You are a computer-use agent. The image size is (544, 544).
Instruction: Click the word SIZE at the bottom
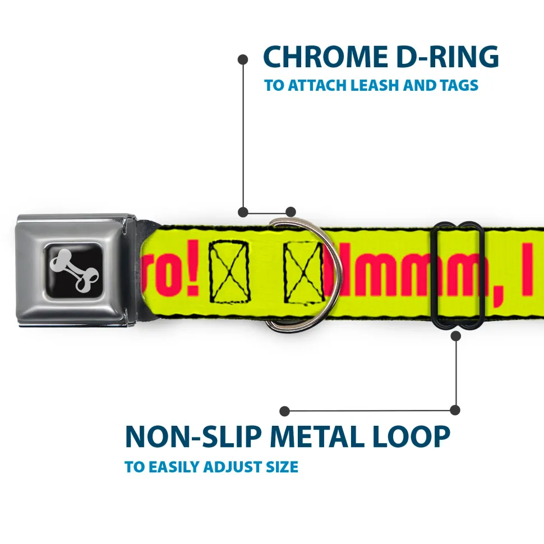click(x=282, y=467)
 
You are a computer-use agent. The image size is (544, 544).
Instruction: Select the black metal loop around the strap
click(x=459, y=275)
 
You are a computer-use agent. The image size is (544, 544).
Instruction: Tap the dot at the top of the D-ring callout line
click(x=243, y=58)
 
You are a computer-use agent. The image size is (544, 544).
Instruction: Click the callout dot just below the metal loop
click(x=456, y=336)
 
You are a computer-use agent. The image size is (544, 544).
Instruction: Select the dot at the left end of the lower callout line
click(x=285, y=411)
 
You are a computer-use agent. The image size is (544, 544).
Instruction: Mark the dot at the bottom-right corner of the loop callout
click(x=455, y=410)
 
